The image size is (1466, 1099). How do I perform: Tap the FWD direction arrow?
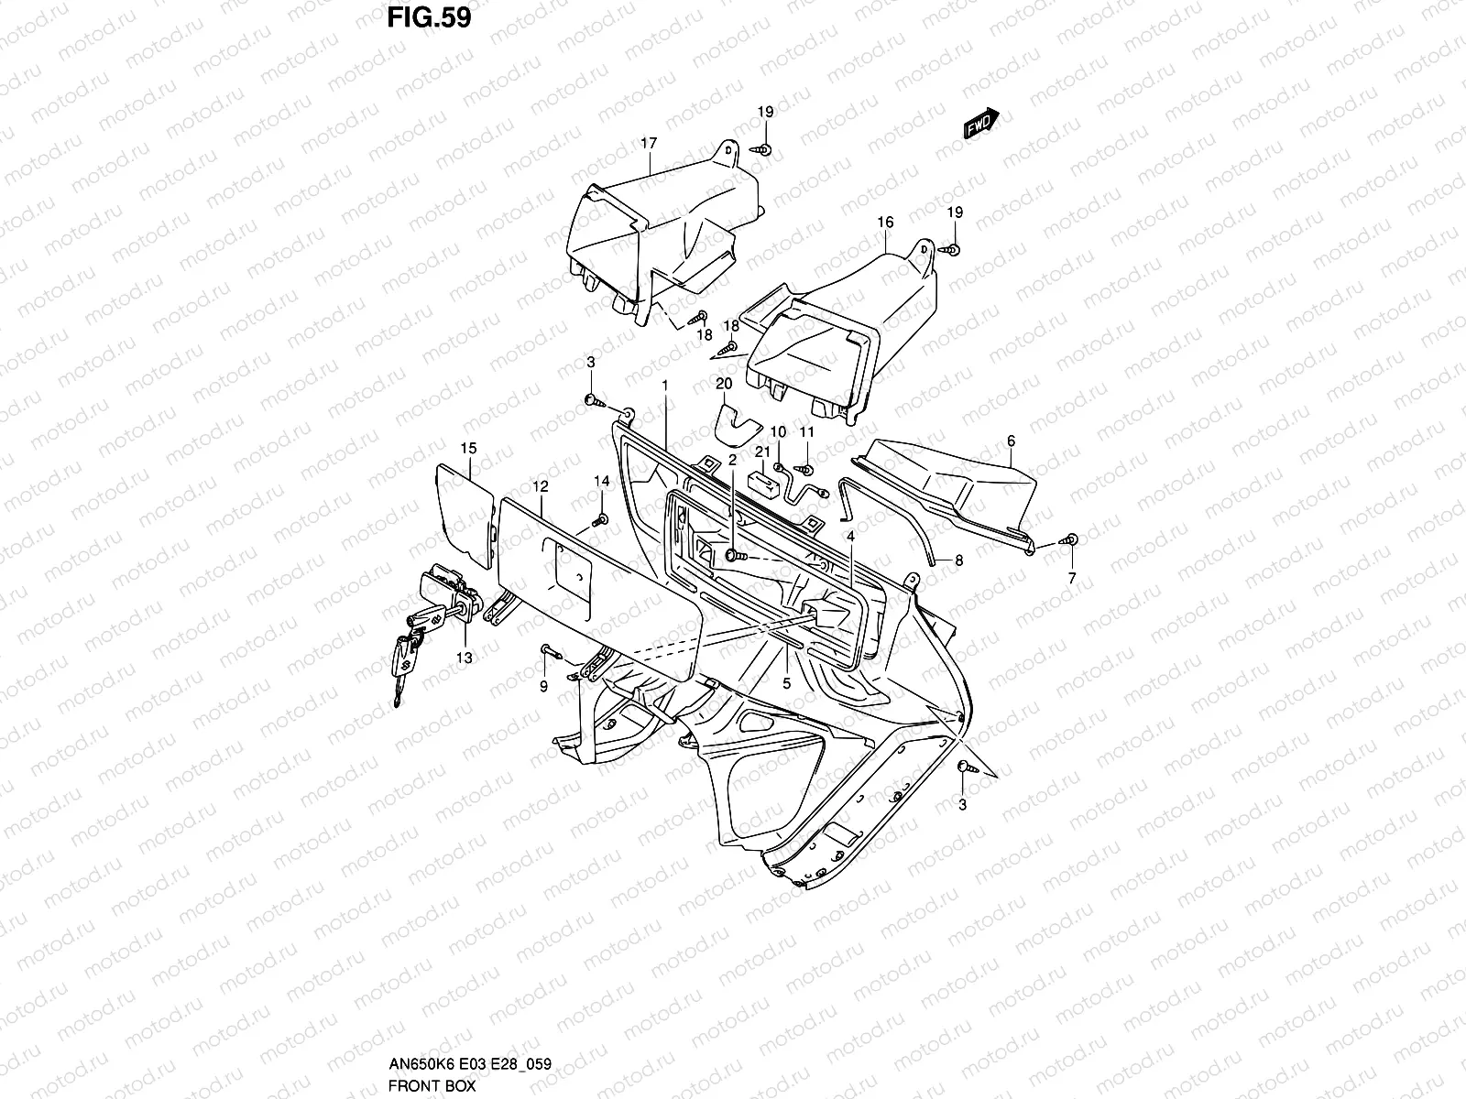980,124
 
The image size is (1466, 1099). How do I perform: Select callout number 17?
649,144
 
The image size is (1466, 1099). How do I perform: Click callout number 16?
884,223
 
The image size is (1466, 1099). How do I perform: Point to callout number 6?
1011,441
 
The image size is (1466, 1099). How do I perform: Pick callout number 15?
468,449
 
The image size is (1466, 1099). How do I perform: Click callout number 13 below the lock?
465,658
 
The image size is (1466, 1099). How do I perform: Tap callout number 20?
724,383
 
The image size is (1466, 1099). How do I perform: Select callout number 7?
1072,578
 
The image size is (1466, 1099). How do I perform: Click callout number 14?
601,482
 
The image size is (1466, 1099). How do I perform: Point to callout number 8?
959,560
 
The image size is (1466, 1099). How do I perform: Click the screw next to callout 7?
1070,540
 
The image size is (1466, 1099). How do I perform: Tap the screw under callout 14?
600,521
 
